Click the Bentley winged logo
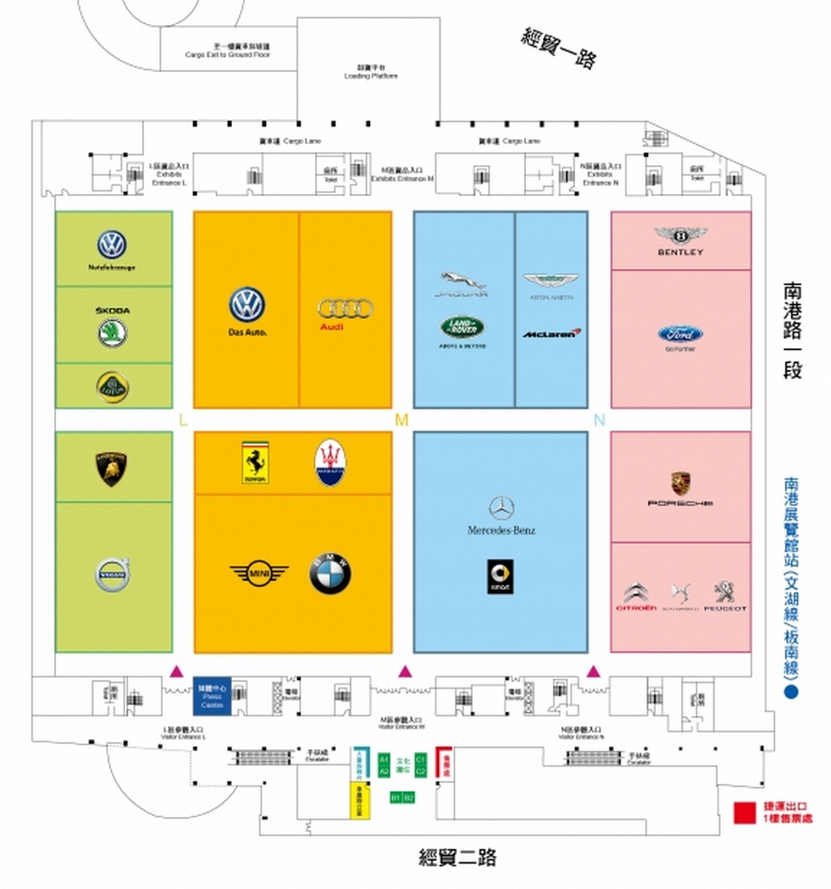pyautogui.click(x=680, y=236)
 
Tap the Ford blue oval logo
pyautogui.click(x=680, y=334)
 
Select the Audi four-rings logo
pyautogui.click(x=345, y=308)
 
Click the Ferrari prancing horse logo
pyautogui.click(x=255, y=461)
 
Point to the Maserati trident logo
pyautogui.click(x=330, y=463)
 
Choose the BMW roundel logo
pyautogui.click(x=330, y=574)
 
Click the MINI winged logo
pyautogui.click(x=259, y=574)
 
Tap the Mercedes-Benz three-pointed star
pyautogui.click(x=501, y=508)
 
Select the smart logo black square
pyautogui.click(x=501, y=576)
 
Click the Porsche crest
pyautogui.click(x=680, y=484)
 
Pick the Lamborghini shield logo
pyautogui.click(x=112, y=468)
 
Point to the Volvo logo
pyautogui.click(x=113, y=574)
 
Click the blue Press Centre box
pyautogui.click(x=212, y=696)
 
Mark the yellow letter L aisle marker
pyautogui.click(x=183, y=420)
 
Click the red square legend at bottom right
pyautogui.click(x=744, y=813)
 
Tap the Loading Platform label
pyautogui.click(x=370, y=73)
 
